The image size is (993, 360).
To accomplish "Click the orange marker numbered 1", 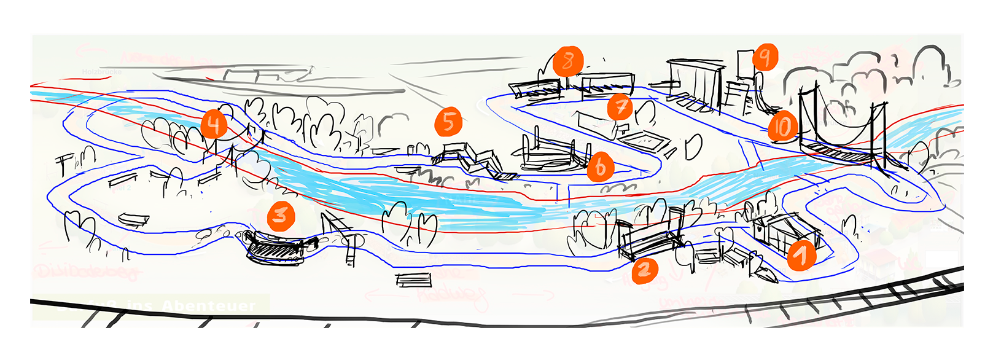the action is coord(801,255).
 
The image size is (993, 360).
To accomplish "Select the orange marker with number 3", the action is coord(281,216).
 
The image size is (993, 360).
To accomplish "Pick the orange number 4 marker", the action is coord(214,125).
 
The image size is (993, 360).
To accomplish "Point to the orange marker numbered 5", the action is coord(448,122).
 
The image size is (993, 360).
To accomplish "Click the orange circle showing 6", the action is coord(600,166).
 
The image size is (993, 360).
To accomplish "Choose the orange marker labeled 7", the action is coord(620,108).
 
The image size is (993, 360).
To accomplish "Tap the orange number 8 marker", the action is coord(568,61).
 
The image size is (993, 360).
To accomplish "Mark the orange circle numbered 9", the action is coord(765,58).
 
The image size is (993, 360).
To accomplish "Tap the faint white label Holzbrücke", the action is coord(102,72).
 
